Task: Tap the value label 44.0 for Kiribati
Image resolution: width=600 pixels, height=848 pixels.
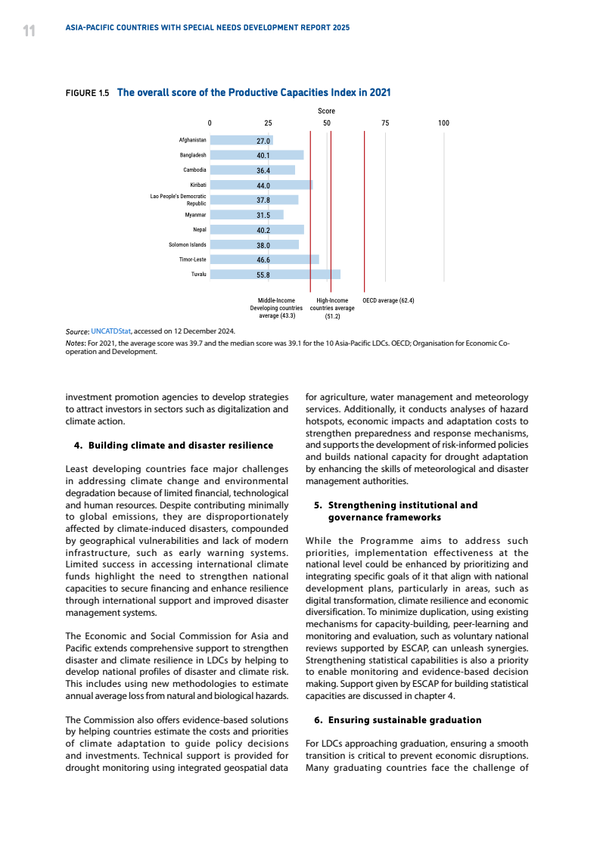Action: pyautogui.click(x=263, y=185)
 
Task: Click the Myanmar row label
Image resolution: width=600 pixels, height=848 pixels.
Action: pyautogui.click(x=195, y=215)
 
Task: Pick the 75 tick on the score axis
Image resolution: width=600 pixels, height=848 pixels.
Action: pyautogui.click(x=385, y=123)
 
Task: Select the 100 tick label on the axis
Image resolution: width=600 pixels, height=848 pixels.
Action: pyautogui.click(x=443, y=123)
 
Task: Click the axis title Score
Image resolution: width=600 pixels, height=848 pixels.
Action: pyautogui.click(x=326, y=111)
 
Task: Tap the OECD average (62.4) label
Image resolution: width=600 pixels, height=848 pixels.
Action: pyautogui.click(x=388, y=300)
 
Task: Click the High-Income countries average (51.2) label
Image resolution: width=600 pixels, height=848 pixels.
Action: pyautogui.click(x=332, y=308)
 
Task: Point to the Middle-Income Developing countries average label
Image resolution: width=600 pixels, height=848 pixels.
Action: pyautogui.click(x=276, y=308)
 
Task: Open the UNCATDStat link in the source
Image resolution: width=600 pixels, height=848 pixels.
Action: pyautogui.click(x=110, y=331)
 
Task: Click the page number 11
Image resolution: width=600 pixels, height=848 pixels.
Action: pyautogui.click(x=29, y=30)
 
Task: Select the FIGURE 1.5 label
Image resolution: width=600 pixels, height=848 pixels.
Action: pyautogui.click(x=88, y=93)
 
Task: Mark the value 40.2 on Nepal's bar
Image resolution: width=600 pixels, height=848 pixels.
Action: pyautogui.click(x=263, y=230)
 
